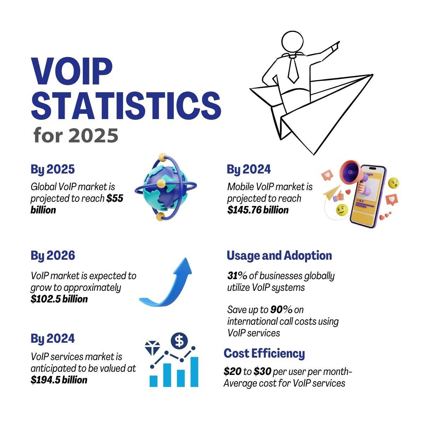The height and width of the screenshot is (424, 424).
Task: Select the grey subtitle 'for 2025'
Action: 76,136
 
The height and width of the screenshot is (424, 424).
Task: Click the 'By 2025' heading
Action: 53,170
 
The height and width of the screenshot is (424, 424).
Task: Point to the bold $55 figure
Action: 115,199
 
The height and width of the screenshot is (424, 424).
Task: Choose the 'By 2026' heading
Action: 53,255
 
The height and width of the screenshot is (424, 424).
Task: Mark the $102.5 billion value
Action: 59,299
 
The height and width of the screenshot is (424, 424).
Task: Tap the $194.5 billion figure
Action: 59,380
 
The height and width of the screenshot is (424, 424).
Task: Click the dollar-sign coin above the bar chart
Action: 179,341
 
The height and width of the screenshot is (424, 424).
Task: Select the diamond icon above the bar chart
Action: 153,348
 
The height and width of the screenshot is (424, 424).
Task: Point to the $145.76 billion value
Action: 258,210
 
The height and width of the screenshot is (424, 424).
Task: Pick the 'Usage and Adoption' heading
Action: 279,255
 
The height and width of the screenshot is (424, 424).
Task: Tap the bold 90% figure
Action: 281,310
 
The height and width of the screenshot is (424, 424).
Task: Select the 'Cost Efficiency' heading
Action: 264,353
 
